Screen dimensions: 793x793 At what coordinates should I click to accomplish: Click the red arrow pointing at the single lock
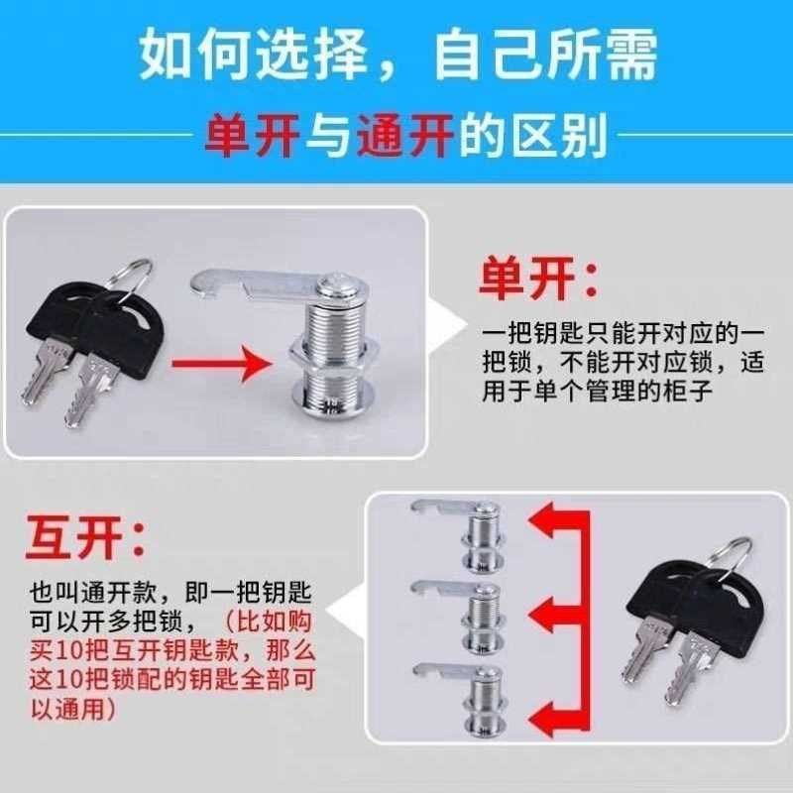click(x=219, y=363)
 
